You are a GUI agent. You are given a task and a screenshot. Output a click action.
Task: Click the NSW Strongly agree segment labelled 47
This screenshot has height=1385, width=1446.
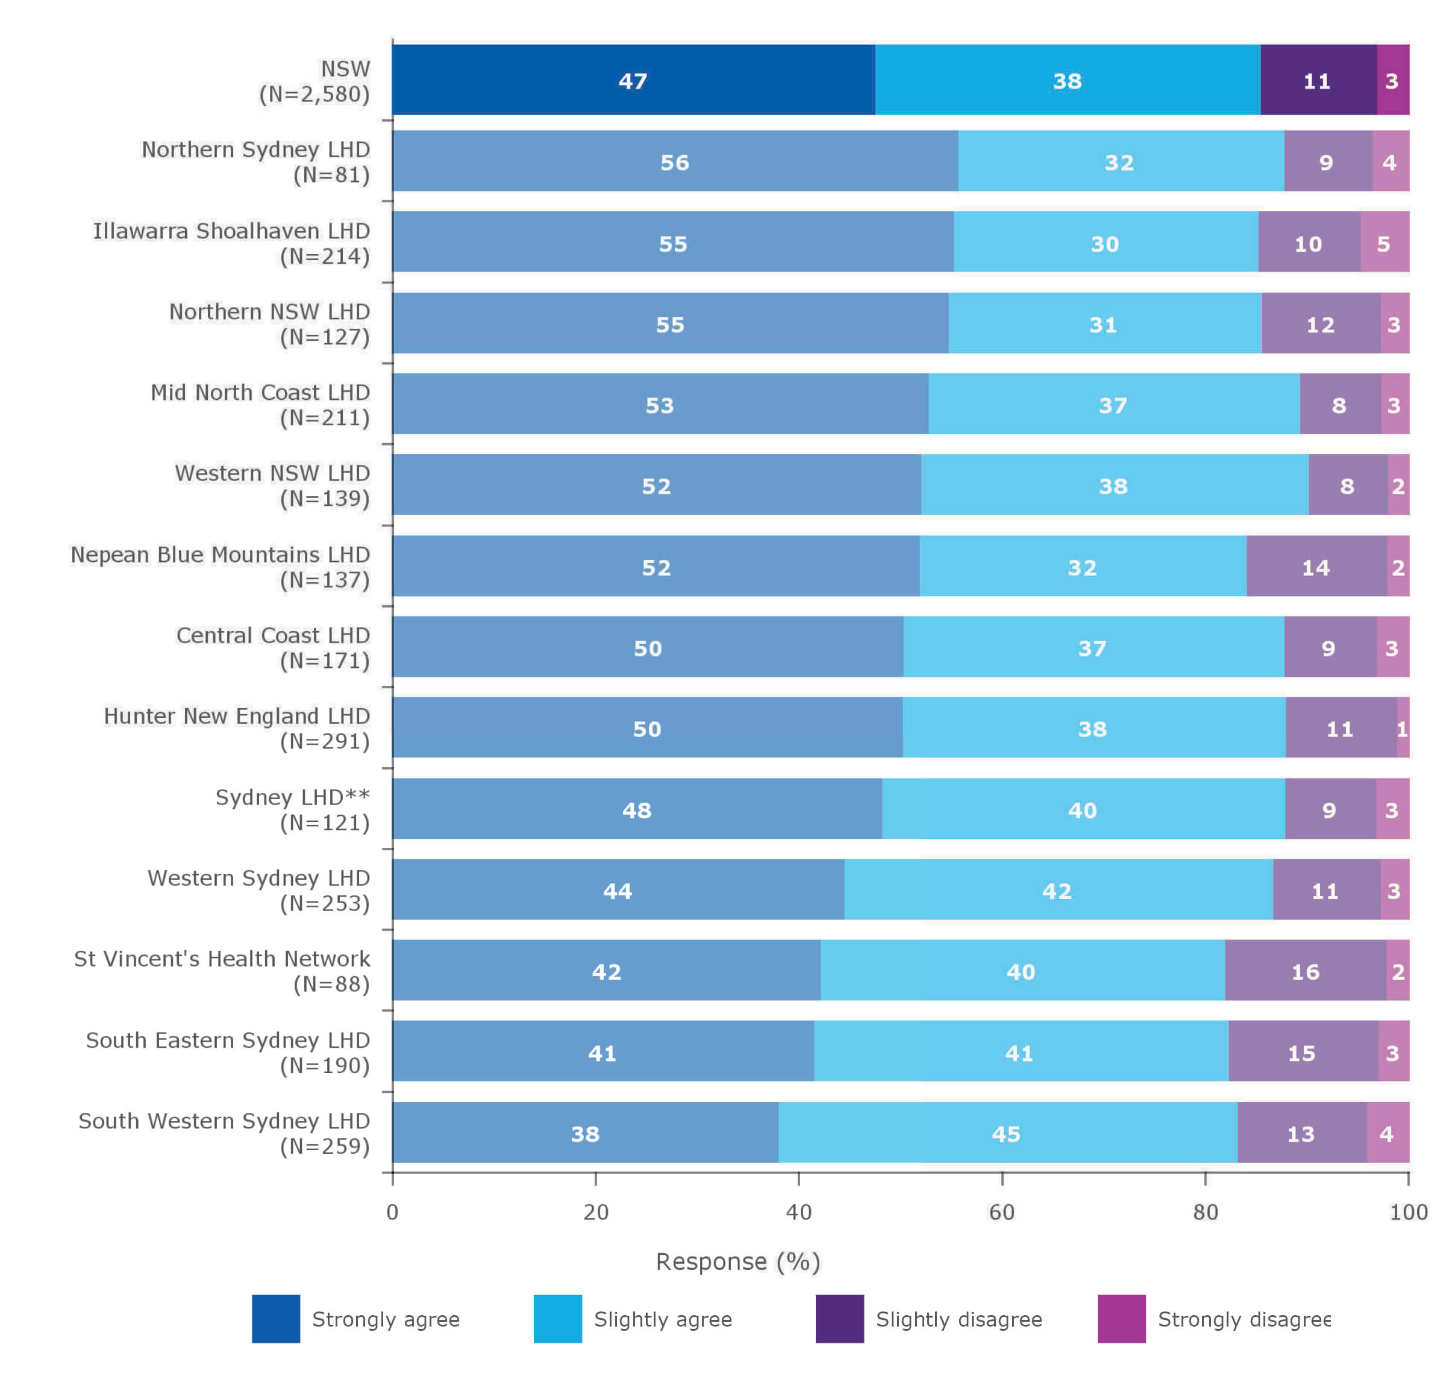pos(633,79)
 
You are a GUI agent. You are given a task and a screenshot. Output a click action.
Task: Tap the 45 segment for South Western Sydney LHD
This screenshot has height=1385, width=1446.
pos(1007,1132)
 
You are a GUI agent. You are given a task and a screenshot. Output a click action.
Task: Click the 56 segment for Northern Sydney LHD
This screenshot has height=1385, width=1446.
pos(674,161)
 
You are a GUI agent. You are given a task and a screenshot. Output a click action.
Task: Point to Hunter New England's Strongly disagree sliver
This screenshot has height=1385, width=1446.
pos(1403,727)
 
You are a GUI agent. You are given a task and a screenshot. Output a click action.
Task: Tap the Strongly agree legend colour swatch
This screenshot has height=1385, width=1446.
pos(276,1318)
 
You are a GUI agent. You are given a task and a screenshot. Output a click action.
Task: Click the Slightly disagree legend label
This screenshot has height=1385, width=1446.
pos(959,1319)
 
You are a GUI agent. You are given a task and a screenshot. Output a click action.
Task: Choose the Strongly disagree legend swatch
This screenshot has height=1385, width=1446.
pos(1121,1318)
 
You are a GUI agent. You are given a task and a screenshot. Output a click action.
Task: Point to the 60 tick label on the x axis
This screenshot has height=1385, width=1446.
pos(1001,1212)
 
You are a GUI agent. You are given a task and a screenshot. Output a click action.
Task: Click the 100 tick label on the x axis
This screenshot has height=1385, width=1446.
pos(1407,1212)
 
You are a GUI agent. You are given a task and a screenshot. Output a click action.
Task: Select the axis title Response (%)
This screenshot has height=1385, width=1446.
pos(737,1261)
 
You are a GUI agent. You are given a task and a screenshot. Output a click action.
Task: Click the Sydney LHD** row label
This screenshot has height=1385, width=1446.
pos(292,797)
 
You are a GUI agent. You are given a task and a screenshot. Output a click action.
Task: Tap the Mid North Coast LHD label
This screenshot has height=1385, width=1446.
pos(260,393)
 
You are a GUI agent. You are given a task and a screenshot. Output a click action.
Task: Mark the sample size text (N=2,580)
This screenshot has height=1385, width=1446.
pos(315,95)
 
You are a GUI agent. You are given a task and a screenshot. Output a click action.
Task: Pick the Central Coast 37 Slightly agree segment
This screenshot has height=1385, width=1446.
pos(1092,647)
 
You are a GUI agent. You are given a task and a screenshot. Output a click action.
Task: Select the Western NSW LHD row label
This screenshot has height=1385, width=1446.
pos(272,473)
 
